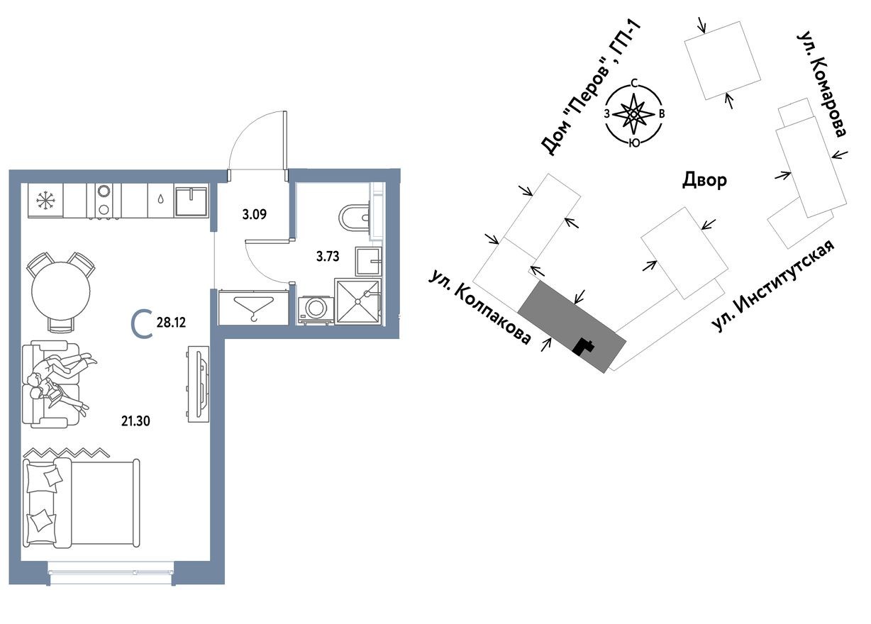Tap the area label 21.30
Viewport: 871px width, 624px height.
pos(135,420)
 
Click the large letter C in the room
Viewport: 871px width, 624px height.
pos(142,325)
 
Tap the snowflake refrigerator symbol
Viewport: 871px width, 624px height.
pos(46,201)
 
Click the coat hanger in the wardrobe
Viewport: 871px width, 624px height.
pos(253,308)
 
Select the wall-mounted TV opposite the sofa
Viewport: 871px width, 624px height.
pos(198,384)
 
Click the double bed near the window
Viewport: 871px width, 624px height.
pos(81,502)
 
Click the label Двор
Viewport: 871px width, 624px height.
pos(704,179)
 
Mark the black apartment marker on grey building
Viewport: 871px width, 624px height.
pos(583,346)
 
